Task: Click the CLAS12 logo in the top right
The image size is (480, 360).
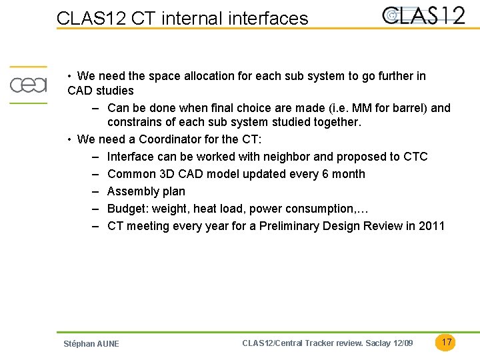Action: [423, 15]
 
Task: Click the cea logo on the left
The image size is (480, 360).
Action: [28, 85]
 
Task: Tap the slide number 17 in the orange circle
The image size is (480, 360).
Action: [447, 342]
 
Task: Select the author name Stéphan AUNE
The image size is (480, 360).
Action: [91, 344]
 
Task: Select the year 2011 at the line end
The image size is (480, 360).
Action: [431, 226]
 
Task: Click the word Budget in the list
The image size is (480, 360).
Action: [127, 209]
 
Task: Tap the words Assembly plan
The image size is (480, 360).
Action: [146, 191]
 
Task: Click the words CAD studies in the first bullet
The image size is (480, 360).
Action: [101, 91]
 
